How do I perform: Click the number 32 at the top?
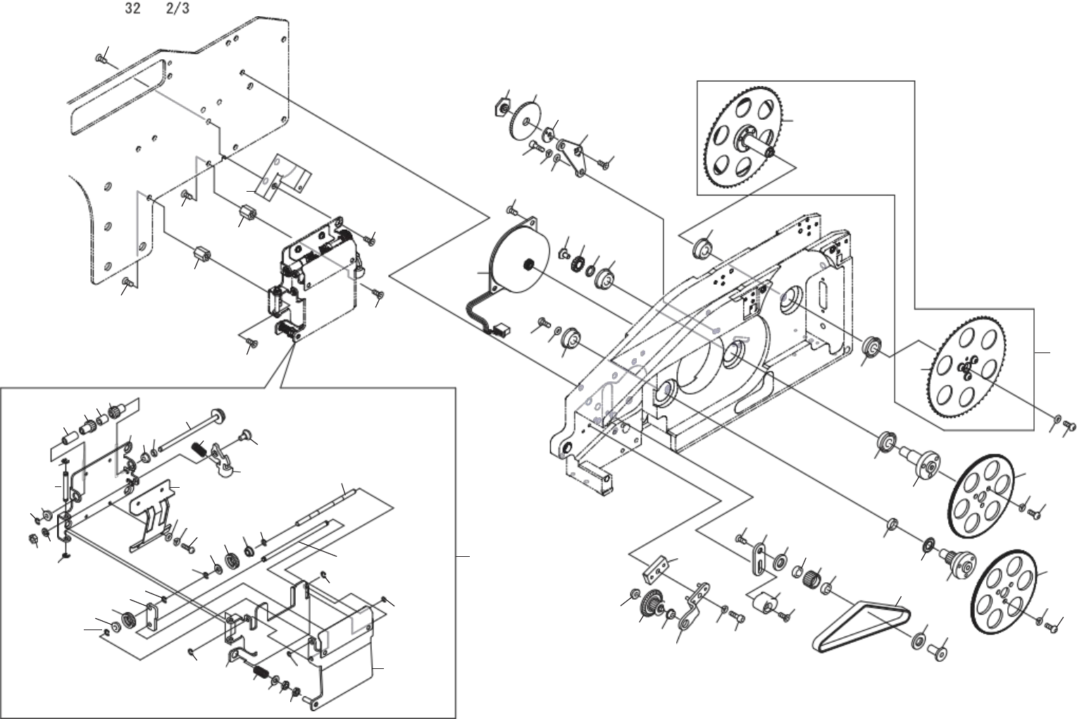[132, 9]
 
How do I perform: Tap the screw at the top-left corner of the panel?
[100, 59]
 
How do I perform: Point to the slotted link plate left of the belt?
[759, 557]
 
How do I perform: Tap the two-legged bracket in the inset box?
[152, 515]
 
